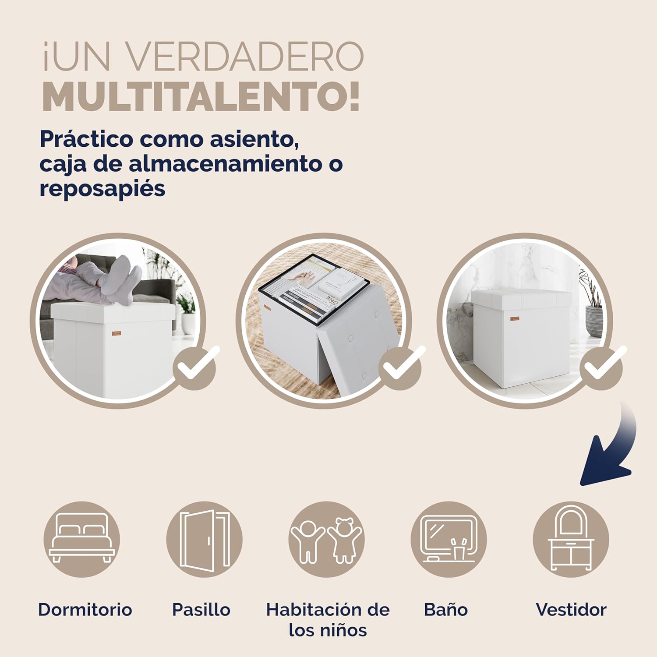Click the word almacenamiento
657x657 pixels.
(x=227, y=164)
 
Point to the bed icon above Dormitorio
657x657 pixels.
(x=81, y=539)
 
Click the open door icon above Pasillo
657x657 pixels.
(x=204, y=539)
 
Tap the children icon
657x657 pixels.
(x=326, y=539)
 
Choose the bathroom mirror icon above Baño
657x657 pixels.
(x=449, y=539)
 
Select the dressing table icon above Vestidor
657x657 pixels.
(x=571, y=539)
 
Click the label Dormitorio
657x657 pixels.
(x=85, y=609)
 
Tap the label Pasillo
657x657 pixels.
(x=201, y=609)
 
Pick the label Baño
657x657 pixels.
(x=446, y=609)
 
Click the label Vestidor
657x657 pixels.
(x=571, y=609)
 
